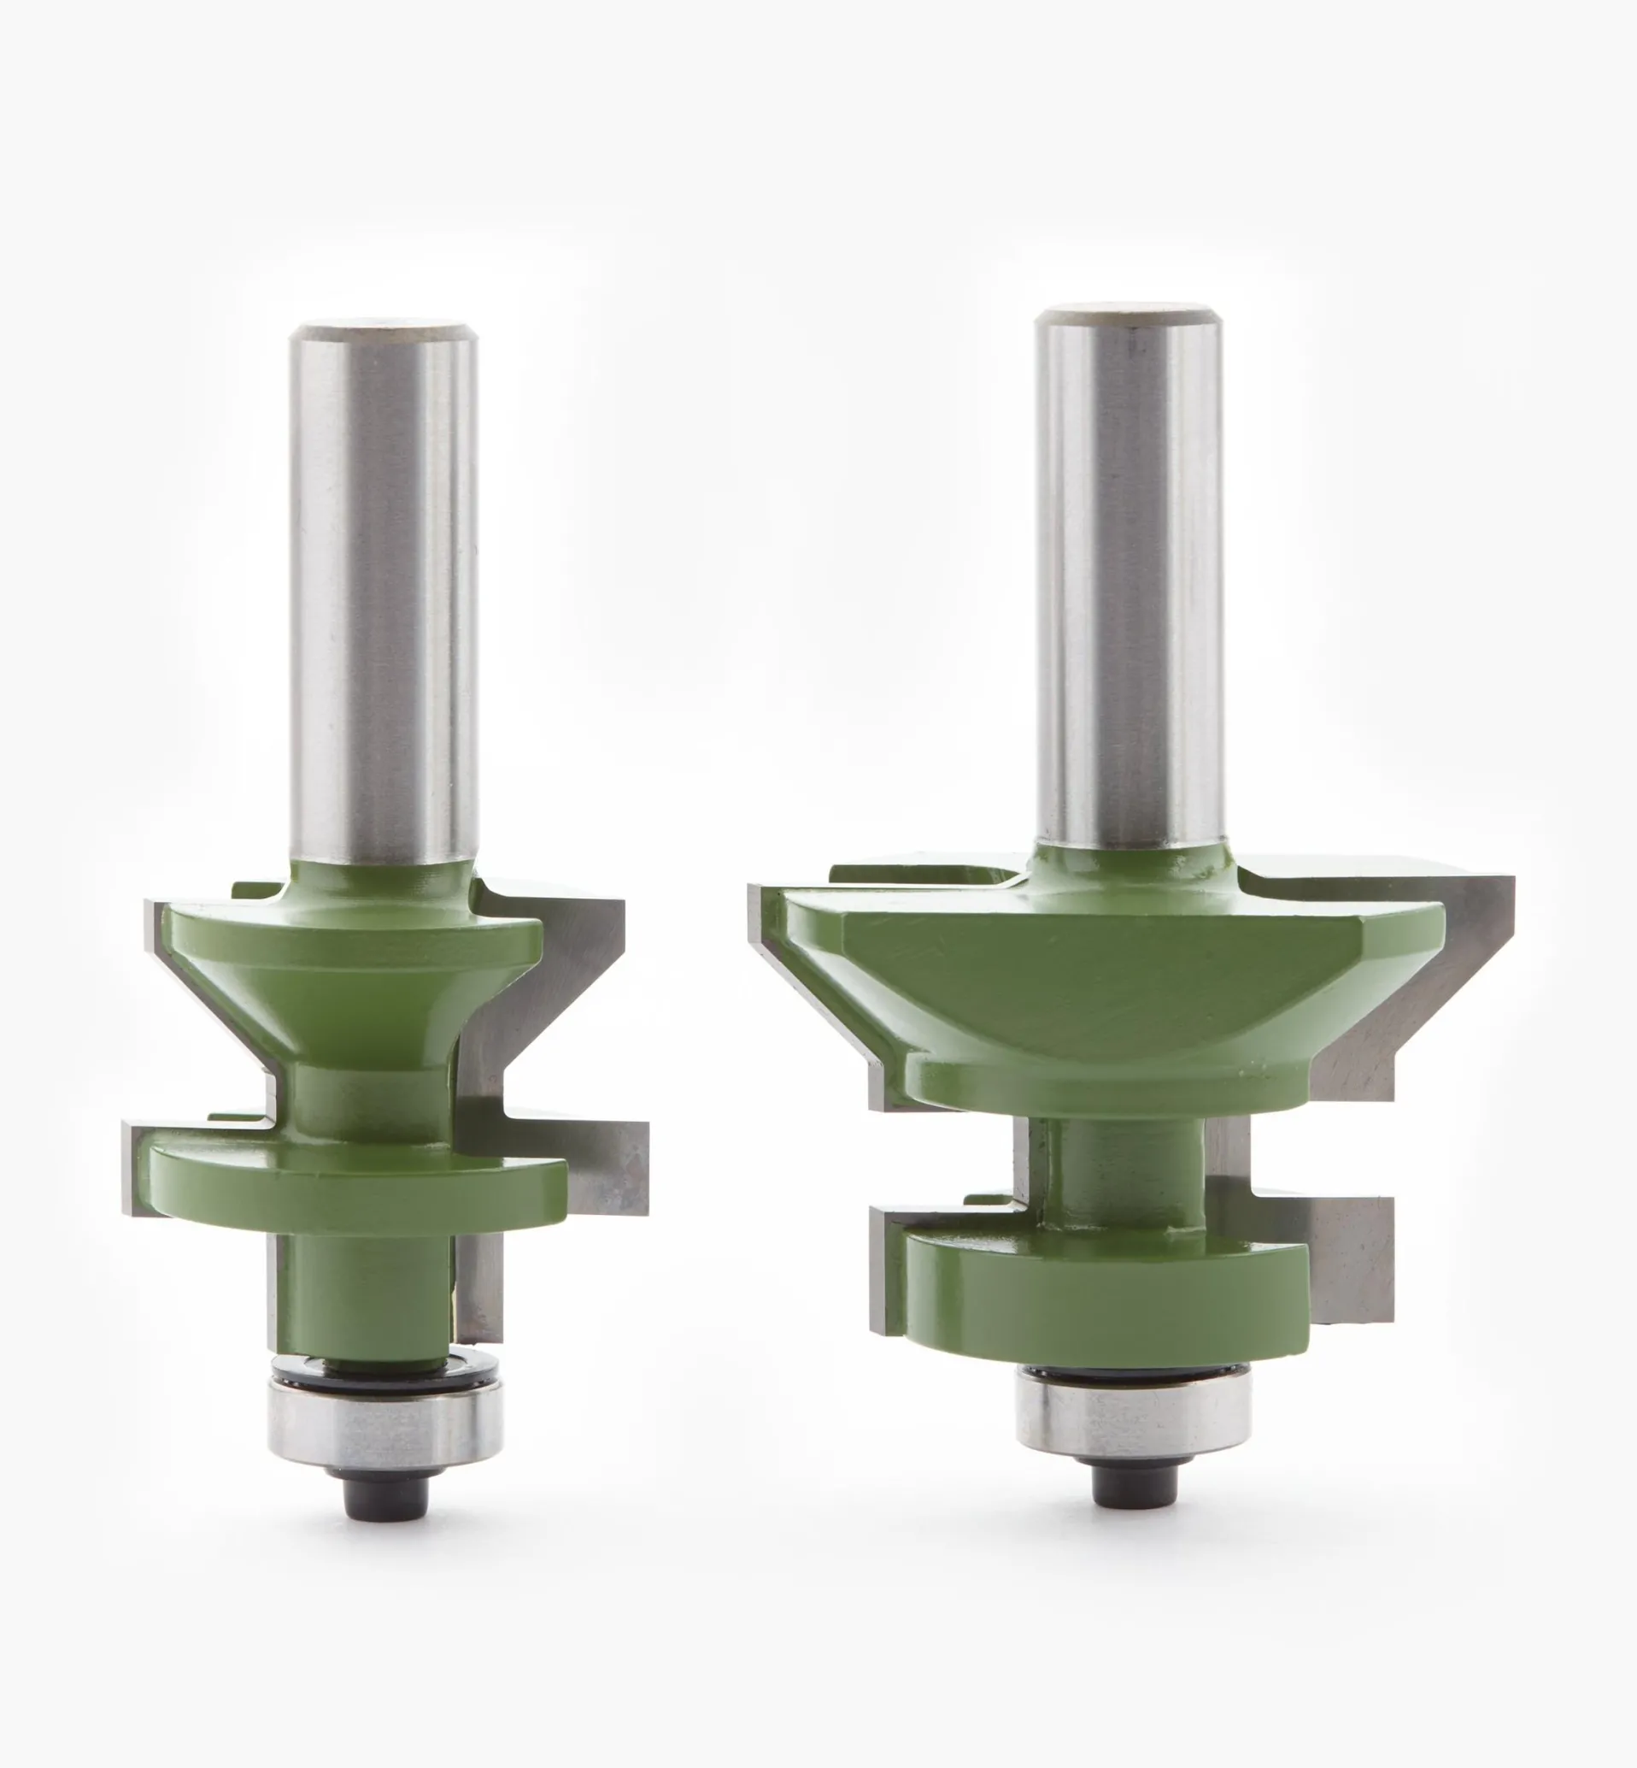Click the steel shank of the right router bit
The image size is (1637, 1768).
[1129, 576]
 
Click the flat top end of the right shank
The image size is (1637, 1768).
[1129, 312]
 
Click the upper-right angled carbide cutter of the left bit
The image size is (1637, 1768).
[567, 966]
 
